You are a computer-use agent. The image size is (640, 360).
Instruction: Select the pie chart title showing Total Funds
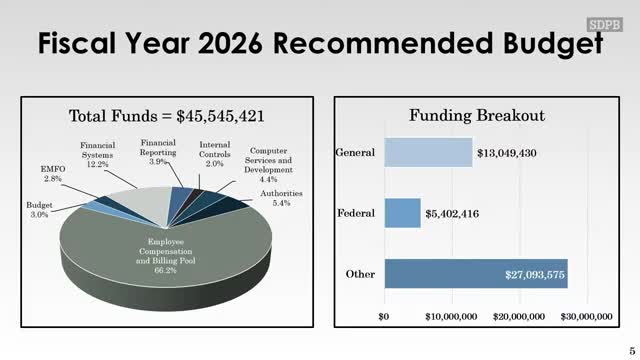[x=166, y=116]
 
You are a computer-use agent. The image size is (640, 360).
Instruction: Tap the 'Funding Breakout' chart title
[x=476, y=116]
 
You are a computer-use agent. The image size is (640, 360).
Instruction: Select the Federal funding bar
[x=402, y=213]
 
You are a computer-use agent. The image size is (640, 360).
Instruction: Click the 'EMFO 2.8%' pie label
[x=52, y=171]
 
